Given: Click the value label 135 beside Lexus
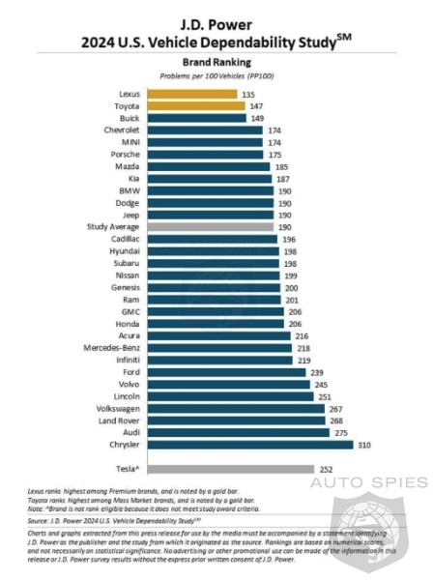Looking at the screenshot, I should pyautogui.click(x=247, y=94).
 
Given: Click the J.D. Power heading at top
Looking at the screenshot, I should pyautogui.click(x=216, y=15).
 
